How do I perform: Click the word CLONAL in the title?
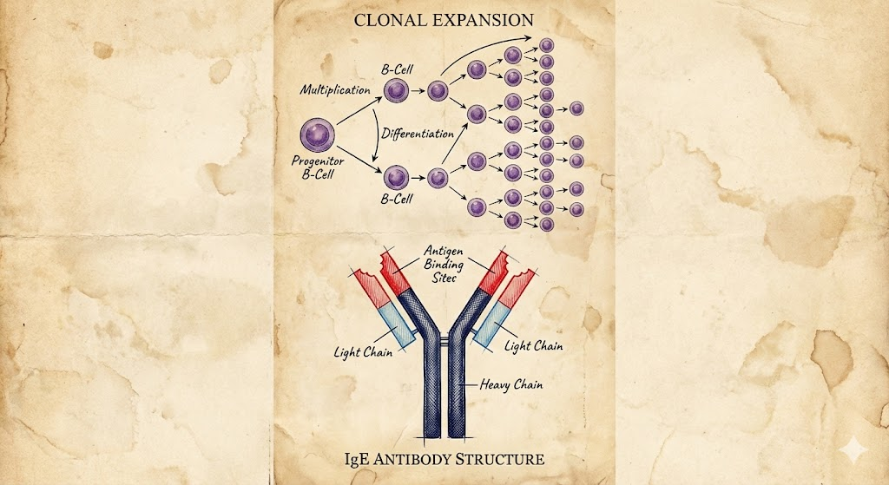tap(388, 20)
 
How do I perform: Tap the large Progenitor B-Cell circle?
tap(317, 135)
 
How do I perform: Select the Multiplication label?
tap(335, 89)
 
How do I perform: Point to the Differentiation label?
tap(418, 134)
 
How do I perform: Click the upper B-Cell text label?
tap(397, 69)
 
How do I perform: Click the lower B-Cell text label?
tap(397, 199)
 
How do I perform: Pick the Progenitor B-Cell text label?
tap(318, 167)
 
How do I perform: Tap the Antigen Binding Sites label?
tap(444, 264)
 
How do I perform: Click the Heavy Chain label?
tap(510, 384)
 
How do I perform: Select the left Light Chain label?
tap(363, 352)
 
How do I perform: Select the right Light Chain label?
tap(534, 345)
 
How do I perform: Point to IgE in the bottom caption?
tap(357, 459)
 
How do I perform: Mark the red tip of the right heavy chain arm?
tap(493, 272)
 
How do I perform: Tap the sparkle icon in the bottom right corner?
tap(854, 451)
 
